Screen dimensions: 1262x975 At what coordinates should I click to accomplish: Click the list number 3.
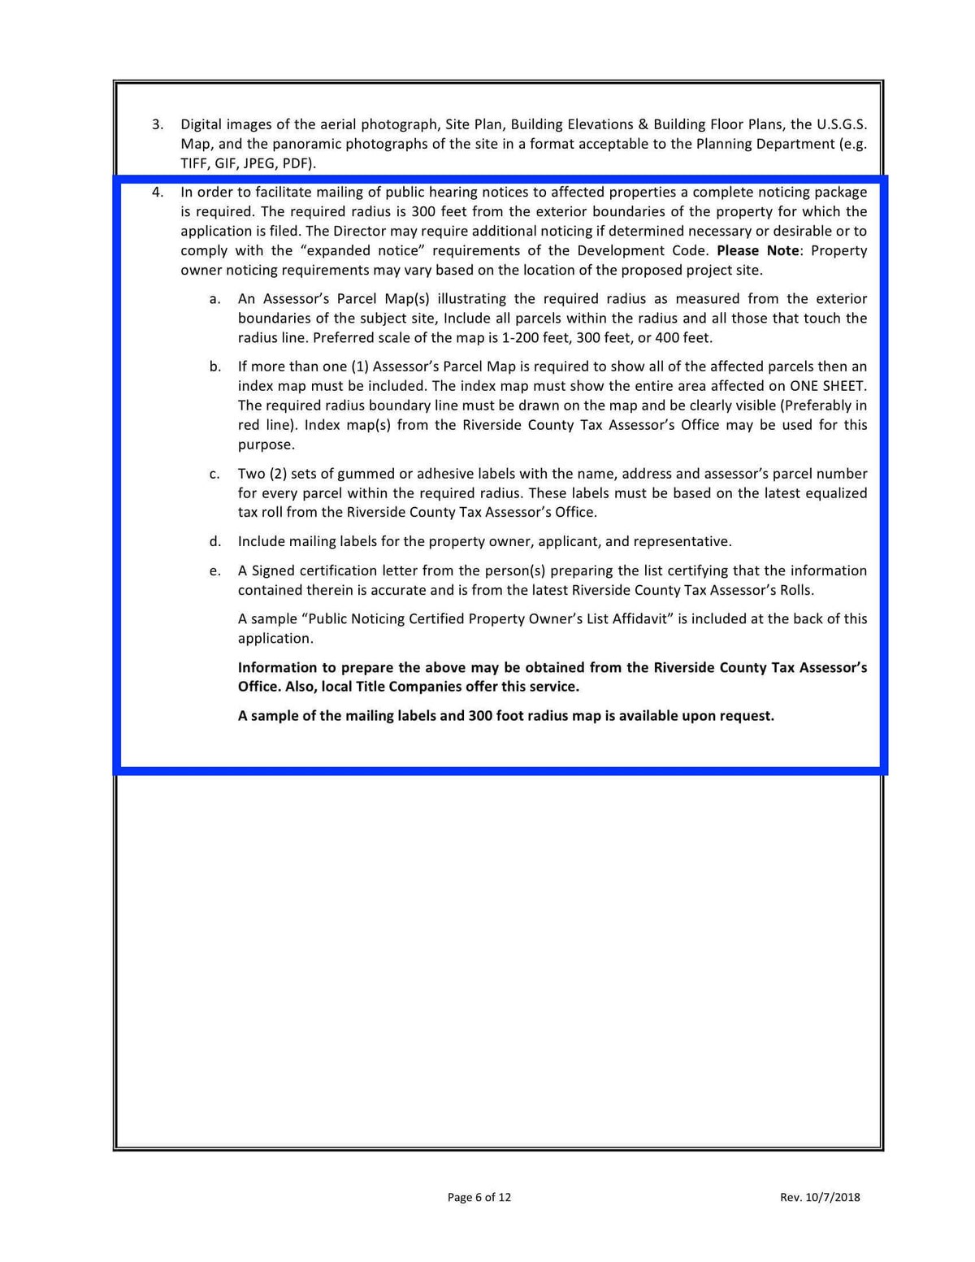(x=158, y=124)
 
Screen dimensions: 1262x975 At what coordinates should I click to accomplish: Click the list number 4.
(x=158, y=193)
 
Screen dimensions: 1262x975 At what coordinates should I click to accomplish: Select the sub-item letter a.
(x=214, y=299)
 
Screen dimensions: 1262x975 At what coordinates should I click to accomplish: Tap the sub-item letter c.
(x=214, y=474)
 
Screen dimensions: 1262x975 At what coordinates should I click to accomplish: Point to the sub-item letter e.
(x=214, y=570)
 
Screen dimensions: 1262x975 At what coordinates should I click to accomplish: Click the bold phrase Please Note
(x=757, y=250)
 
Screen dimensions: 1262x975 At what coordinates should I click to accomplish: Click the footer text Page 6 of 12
(x=479, y=1197)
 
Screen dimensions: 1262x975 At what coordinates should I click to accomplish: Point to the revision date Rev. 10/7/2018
(x=819, y=1197)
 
